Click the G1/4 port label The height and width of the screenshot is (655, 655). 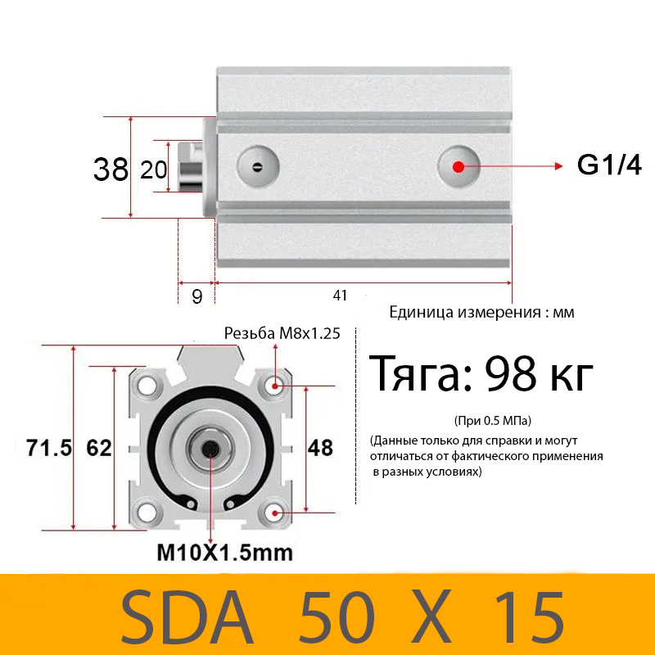click(x=609, y=165)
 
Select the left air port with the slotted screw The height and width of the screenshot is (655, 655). click(x=257, y=167)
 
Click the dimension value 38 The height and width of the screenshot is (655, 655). click(x=111, y=169)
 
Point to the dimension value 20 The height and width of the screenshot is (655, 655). click(x=153, y=169)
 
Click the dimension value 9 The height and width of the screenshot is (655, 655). click(x=196, y=296)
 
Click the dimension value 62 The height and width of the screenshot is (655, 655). click(x=98, y=448)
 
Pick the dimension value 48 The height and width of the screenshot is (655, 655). click(x=320, y=448)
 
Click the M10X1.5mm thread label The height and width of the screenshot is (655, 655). click(x=224, y=553)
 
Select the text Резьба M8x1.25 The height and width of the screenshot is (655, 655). click(x=282, y=333)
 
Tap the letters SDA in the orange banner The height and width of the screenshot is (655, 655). click(x=188, y=616)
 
